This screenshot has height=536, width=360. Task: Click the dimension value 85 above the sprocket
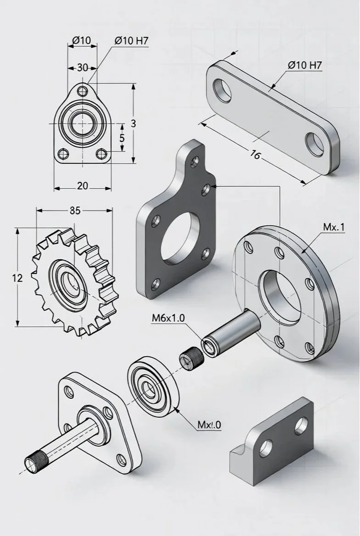[x=74, y=211]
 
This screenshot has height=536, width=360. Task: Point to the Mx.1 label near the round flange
[x=334, y=227]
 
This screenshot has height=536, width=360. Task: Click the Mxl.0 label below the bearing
[x=209, y=425]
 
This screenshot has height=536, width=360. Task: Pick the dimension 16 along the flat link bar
[x=255, y=155]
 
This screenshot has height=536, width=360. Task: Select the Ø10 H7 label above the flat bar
[x=305, y=65]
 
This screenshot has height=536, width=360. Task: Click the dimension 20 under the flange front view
[x=83, y=186]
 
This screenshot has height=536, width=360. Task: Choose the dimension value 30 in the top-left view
[x=82, y=68]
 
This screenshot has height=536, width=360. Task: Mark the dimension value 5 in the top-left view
[x=122, y=138]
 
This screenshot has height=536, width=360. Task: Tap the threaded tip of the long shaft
[x=34, y=461]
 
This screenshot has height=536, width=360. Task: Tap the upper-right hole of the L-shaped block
[x=302, y=424]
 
